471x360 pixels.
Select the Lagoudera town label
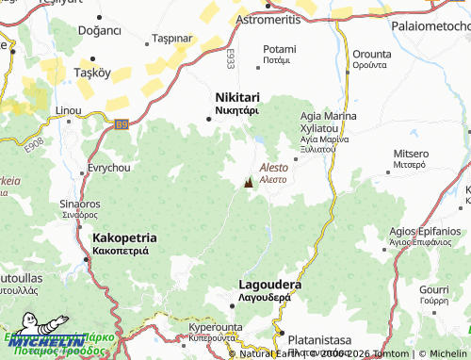(x=270, y=285)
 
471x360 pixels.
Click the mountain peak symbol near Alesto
(x=249, y=184)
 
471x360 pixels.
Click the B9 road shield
(x=121, y=123)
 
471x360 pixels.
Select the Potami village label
(x=279, y=49)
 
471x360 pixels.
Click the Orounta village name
(x=369, y=54)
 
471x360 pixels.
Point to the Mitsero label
(x=410, y=153)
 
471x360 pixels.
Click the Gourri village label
(x=434, y=288)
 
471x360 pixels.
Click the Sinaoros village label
(x=80, y=204)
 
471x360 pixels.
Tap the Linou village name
(x=69, y=110)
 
